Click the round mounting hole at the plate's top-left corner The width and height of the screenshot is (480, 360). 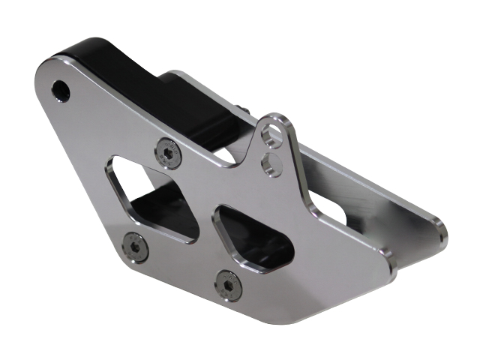pos(61,91)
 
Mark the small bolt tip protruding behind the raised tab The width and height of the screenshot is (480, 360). pos(247,110)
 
